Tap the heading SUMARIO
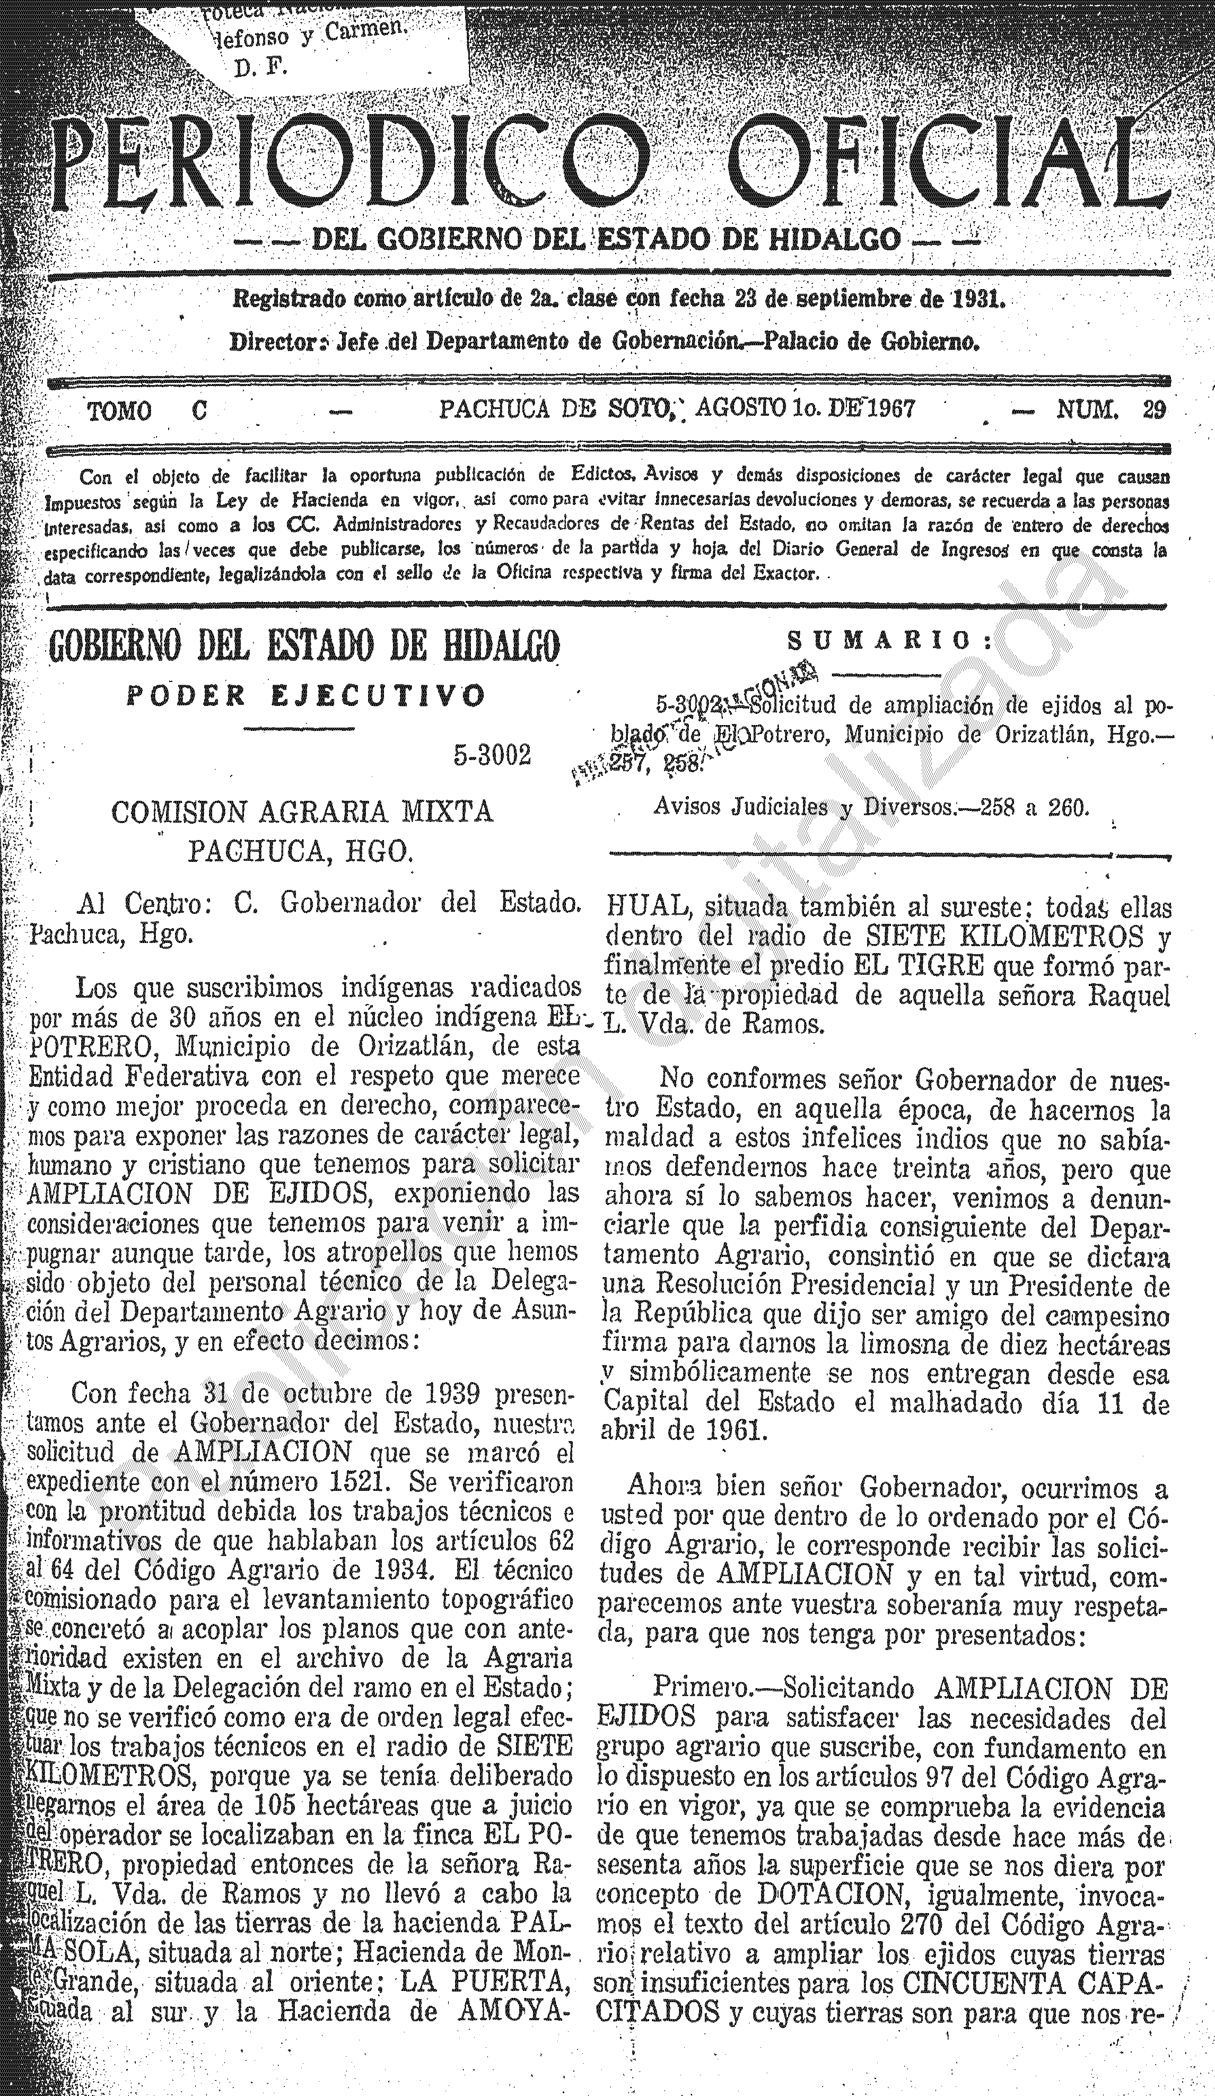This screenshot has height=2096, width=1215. click(890, 641)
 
